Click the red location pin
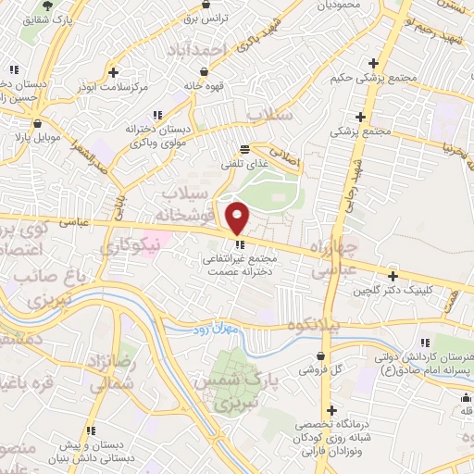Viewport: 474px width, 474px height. (x=239, y=218)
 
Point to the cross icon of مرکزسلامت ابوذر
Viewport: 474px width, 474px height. (x=113, y=72)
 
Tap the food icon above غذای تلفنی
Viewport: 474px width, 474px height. (x=244, y=148)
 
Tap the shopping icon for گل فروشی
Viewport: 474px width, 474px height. (x=320, y=355)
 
